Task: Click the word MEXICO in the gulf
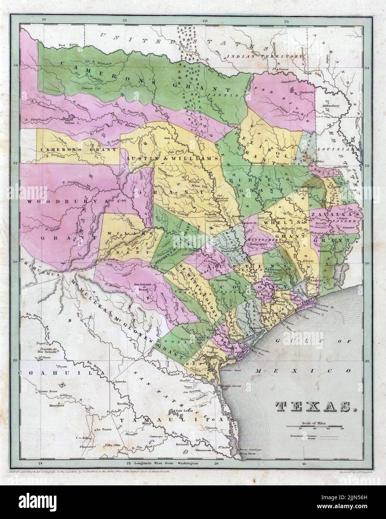pos(304,371)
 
